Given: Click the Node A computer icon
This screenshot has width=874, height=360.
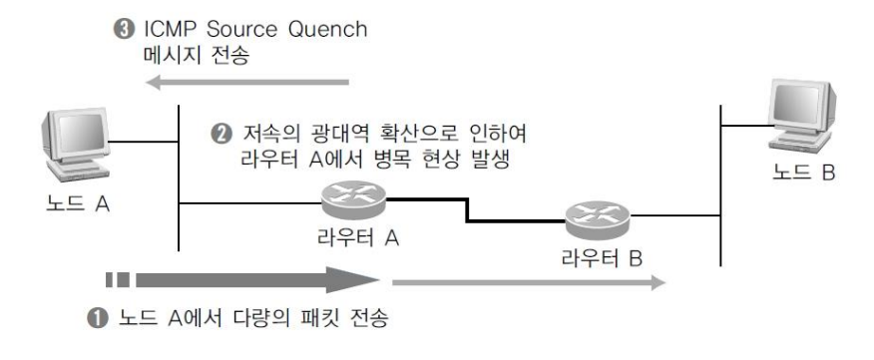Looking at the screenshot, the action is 76,145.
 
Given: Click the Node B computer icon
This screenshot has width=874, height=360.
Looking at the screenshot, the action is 802,116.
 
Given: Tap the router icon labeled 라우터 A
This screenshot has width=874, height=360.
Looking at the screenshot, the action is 354,200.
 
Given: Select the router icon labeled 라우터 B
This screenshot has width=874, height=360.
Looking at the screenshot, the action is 597,219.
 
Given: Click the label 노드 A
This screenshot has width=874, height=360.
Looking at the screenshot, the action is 78,204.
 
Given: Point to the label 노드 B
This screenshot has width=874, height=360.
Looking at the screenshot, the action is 804,173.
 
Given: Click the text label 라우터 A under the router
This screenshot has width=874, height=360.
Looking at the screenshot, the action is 358,238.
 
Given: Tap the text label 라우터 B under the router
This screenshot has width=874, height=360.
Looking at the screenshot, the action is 602,258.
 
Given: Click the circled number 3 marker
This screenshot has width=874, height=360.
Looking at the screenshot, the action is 123,29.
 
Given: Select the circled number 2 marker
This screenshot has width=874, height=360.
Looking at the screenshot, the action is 220,135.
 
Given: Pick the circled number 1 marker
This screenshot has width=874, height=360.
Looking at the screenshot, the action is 98,319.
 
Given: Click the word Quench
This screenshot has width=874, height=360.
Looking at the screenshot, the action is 327,30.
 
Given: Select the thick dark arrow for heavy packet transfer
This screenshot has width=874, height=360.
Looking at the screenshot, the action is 257,280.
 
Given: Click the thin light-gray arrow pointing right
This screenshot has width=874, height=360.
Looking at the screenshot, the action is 529,282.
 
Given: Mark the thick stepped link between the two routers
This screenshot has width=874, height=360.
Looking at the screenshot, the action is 467,210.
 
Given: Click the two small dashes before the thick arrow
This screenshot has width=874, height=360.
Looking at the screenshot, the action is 117,280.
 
